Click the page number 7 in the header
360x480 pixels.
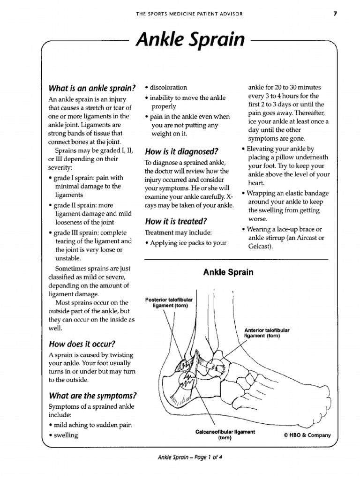[x=335, y=14]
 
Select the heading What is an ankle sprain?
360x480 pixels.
[x=92, y=88]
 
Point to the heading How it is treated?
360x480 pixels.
[x=176, y=221]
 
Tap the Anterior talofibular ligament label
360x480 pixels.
[x=267, y=333]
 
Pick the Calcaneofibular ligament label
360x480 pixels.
[x=225, y=435]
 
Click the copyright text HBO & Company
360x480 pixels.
[x=307, y=435]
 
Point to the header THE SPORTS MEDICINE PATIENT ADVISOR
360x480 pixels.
[x=189, y=14]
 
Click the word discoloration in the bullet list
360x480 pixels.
[x=168, y=87]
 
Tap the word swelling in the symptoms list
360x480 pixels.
[x=66, y=435]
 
